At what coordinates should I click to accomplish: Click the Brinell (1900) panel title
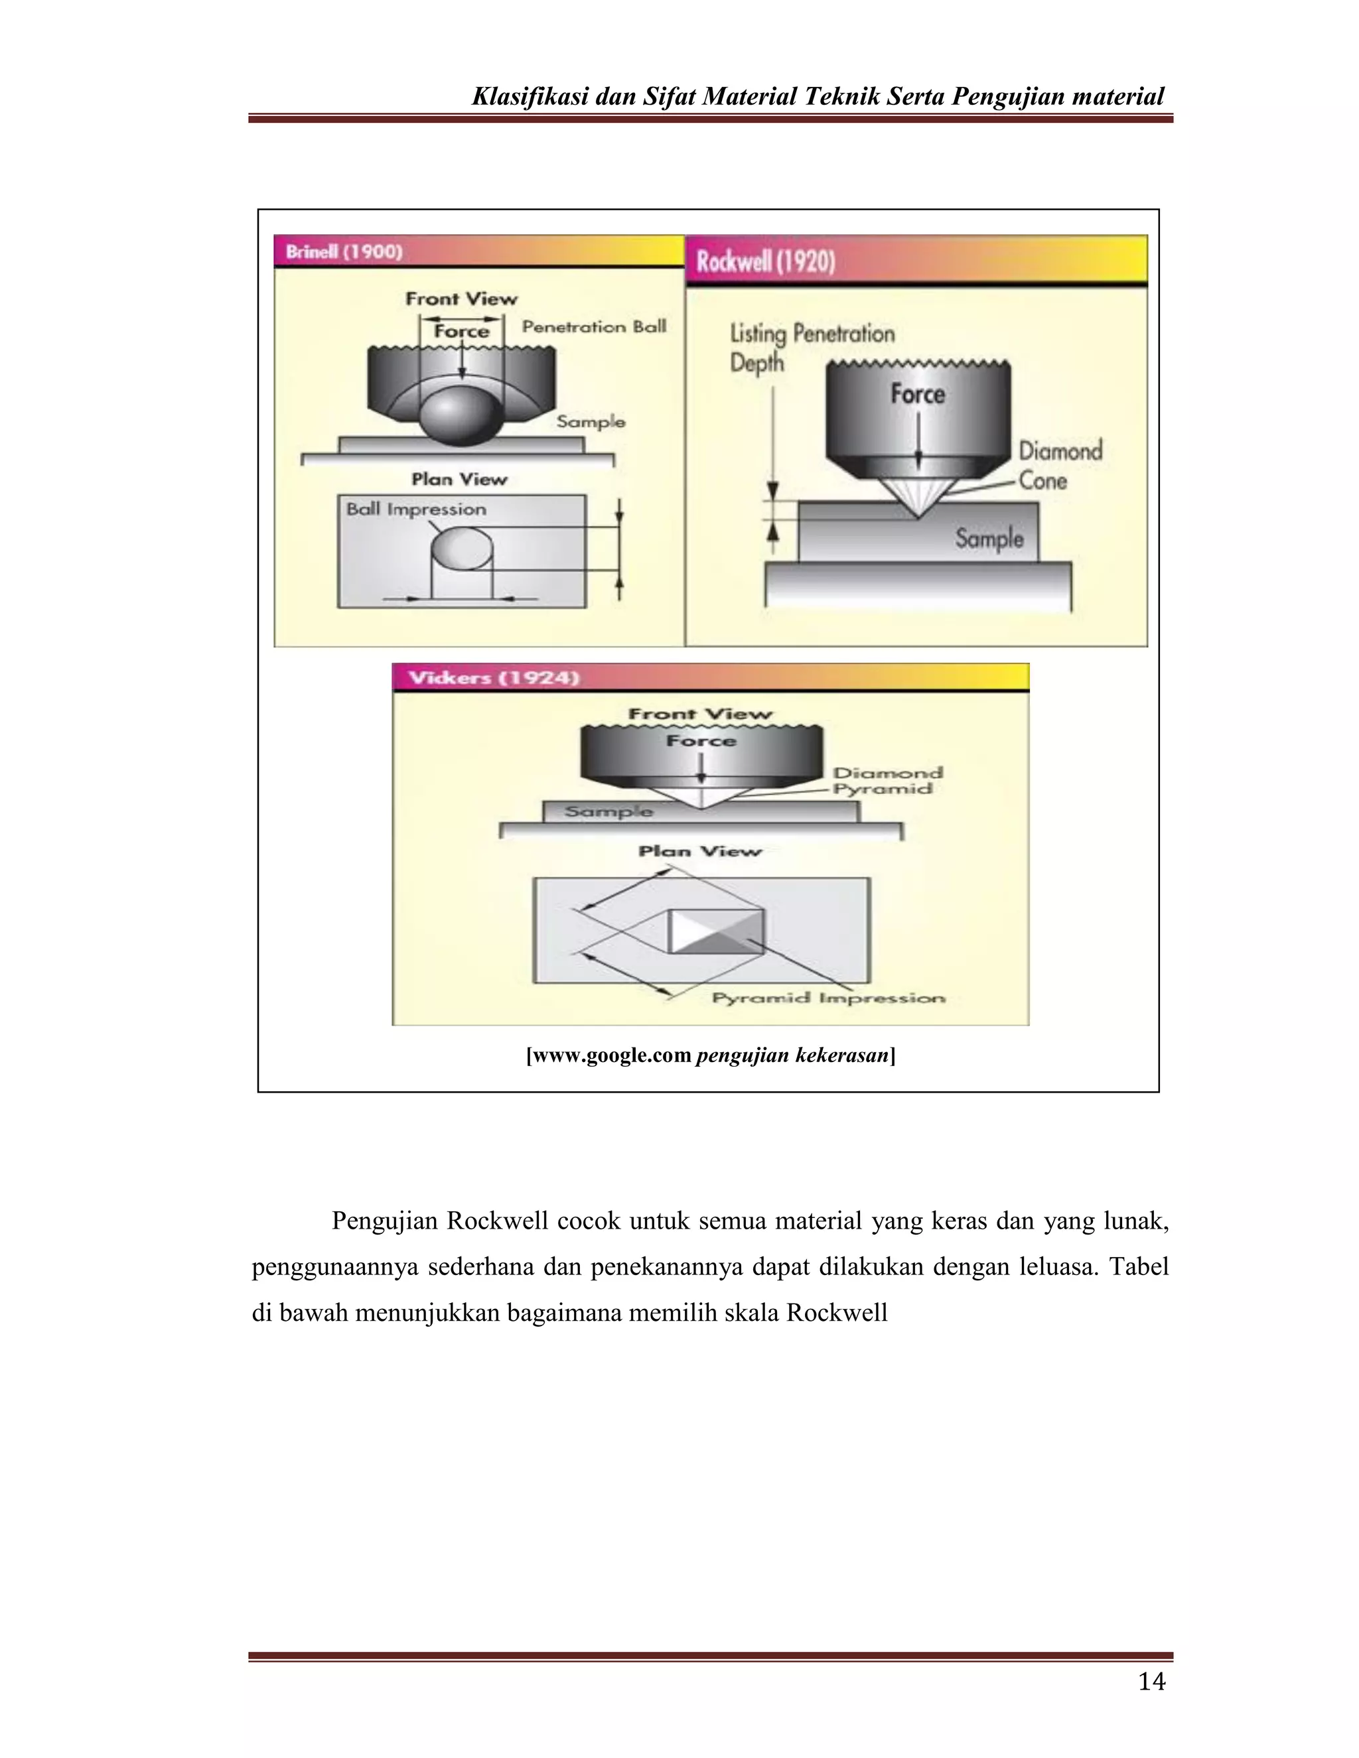[x=344, y=251]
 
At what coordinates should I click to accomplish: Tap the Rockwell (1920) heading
[x=766, y=261]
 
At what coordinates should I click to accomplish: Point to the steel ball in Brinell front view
[x=461, y=415]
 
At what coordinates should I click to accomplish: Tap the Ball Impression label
[x=416, y=509]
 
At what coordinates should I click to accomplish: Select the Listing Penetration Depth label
[x=811, y=347]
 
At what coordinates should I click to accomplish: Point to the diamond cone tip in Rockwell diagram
[x=918, y=515]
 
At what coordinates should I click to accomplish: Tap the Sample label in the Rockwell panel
[x=989, y=538]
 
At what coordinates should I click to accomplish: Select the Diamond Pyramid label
[x=887, y=780]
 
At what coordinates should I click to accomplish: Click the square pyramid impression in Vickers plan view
[x=717, y=931]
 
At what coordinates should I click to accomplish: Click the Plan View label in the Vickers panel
[x=699, y=851]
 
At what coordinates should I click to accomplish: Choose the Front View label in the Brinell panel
[x=461, y=299]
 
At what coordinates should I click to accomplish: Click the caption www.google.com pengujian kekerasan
[x=710, y=1055]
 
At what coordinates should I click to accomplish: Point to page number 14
[x=1151, y=1681]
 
